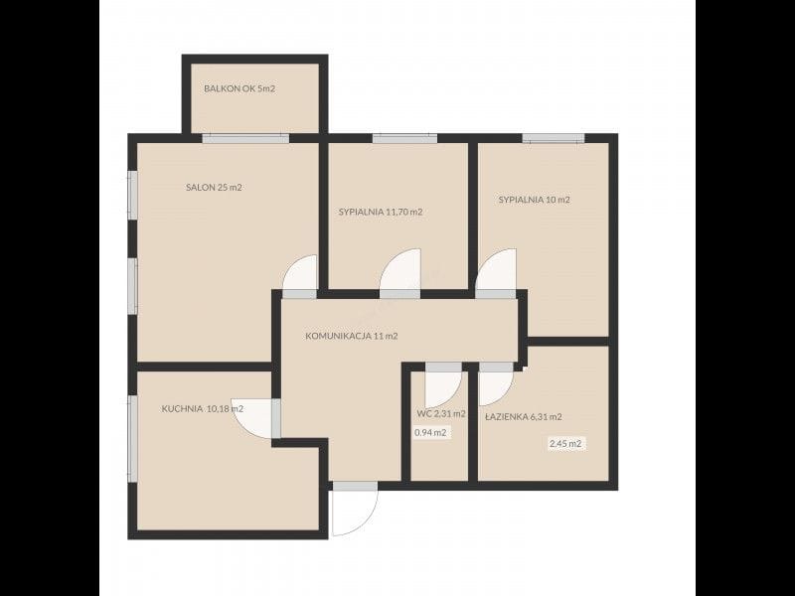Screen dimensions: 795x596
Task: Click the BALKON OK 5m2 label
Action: click(239, 88)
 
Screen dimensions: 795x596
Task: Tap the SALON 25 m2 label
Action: click(214, 188)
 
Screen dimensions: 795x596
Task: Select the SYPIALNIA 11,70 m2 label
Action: click(381, 212)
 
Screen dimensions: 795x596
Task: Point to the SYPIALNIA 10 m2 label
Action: click(535, 200)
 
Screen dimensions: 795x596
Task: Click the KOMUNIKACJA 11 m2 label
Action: click(352, 336)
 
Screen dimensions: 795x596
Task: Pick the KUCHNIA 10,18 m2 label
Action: click(203, 409)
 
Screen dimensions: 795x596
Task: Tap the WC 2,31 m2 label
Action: click(441, 413)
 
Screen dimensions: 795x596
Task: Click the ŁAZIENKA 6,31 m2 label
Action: click(524, 417)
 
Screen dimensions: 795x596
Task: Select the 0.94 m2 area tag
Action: click(430, 433)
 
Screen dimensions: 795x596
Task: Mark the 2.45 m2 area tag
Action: click(565, 444)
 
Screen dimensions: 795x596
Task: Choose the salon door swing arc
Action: click(291, 264)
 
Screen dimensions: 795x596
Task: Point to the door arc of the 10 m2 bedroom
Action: click(486, 260)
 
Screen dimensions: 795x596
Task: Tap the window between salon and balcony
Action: click(245, 138)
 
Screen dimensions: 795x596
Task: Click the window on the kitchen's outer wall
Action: click(132, 438)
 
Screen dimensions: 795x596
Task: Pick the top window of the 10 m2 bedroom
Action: click(554, 138)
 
